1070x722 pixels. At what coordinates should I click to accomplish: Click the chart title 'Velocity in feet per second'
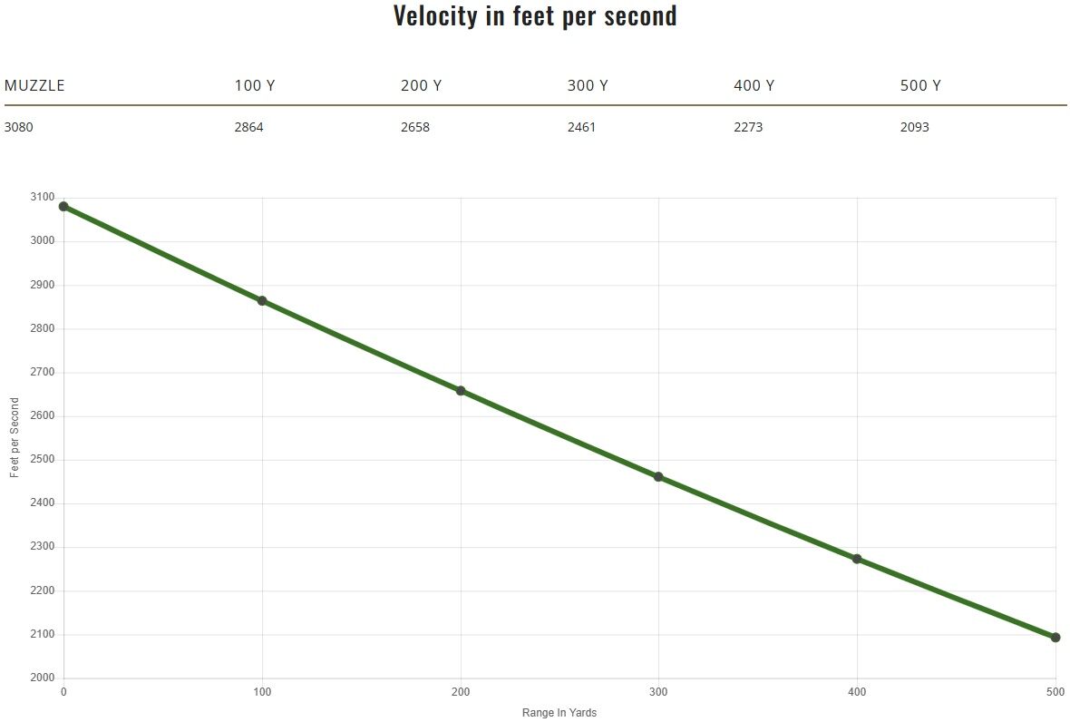[x=535, y=16]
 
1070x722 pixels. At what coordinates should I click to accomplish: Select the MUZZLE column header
[x=34, y=86]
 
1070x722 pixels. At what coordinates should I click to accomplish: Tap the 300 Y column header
[x=588, y=86]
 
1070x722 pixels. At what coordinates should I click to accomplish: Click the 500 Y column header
[x=920, y=86]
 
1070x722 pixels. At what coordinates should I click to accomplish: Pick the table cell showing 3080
[x=19, y=127]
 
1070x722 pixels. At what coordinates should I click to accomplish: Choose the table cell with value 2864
[x=248, y=127]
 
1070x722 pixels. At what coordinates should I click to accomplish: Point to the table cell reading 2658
[x=415, y=127]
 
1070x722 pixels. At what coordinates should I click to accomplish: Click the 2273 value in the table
[x=748, y=127]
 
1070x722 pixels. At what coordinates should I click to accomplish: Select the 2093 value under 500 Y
[x=915, y=127]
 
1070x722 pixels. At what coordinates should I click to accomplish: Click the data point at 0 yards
[x=63, y=207]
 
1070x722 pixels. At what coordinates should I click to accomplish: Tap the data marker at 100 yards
[x=262, y=301]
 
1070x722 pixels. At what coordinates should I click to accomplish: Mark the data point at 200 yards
[x=461, y=391]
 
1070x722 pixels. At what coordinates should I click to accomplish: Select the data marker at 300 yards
[x=658, y=477]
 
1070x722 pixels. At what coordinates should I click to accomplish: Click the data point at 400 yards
[x=857, y=559]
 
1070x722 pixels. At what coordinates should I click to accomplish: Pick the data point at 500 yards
[x=1055, y=638]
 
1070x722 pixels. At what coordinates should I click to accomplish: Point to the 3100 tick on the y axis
[x=43, y=197]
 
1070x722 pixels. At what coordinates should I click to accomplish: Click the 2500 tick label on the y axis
[x=43, y=459]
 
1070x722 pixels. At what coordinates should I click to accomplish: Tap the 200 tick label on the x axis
[x=461, y=693]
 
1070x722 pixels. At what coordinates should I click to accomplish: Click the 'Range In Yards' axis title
[x=559, y=713]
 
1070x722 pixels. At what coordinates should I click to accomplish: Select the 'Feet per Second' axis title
[x=15, y=438]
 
